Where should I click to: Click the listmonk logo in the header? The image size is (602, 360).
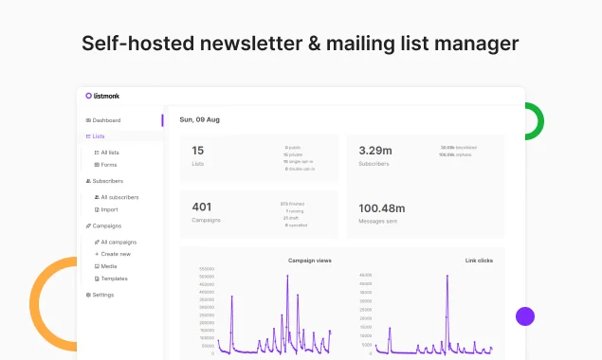[x=102, y=96]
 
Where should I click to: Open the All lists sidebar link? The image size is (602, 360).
[x=107, y=153]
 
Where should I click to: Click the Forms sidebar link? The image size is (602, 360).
[x=106, y=165]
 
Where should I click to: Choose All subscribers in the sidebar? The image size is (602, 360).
[x=118, y=197]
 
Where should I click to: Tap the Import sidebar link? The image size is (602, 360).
[x=107, y=209]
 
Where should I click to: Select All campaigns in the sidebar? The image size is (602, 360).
[x=117, y=242]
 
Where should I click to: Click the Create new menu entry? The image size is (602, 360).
[x=114, y=254]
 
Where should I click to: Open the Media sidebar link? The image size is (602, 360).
[x=107, y=266]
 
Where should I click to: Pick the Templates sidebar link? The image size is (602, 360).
[x=112, y=279]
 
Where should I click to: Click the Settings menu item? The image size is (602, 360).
[x=100, y=295]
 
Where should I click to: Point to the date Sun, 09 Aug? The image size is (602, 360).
[x=199, y=120]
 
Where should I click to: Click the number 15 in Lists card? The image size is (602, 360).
[x=197, y=150]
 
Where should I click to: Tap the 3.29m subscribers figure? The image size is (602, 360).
[x=375, y=150]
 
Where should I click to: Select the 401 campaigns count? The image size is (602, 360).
[x=201, y=207]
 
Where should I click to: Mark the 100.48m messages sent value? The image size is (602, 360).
[x=382, y=208]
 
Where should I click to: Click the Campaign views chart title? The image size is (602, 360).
[x=309, y=260]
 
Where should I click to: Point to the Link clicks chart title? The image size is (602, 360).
[x=478, y=260]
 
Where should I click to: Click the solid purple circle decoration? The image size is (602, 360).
[x=525, y=316]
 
